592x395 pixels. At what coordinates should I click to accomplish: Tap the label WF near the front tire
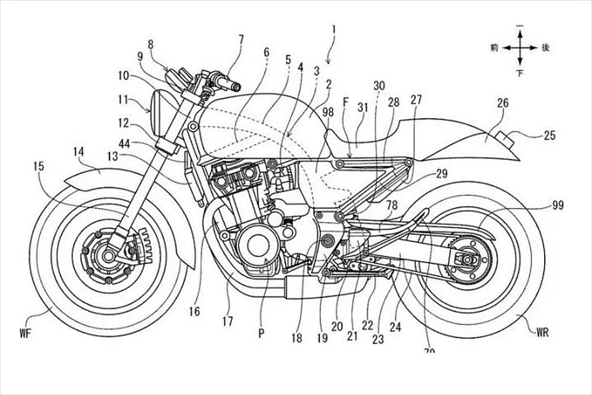click(24, 332)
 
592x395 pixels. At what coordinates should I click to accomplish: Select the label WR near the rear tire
click(542, 332)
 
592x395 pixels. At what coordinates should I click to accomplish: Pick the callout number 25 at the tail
click(549, 135)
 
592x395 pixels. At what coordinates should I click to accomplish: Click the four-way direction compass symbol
click(520, 47)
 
